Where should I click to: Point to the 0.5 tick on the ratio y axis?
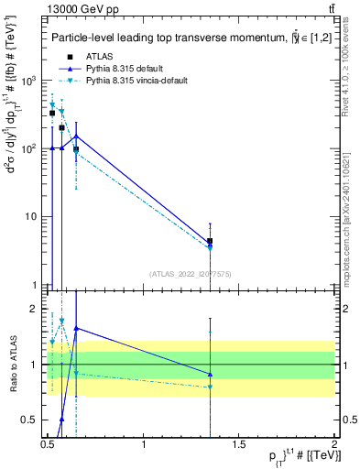pos(29,420)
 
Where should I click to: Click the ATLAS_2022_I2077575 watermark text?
pos(191,273)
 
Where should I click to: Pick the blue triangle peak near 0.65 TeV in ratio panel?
pos(76,328)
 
